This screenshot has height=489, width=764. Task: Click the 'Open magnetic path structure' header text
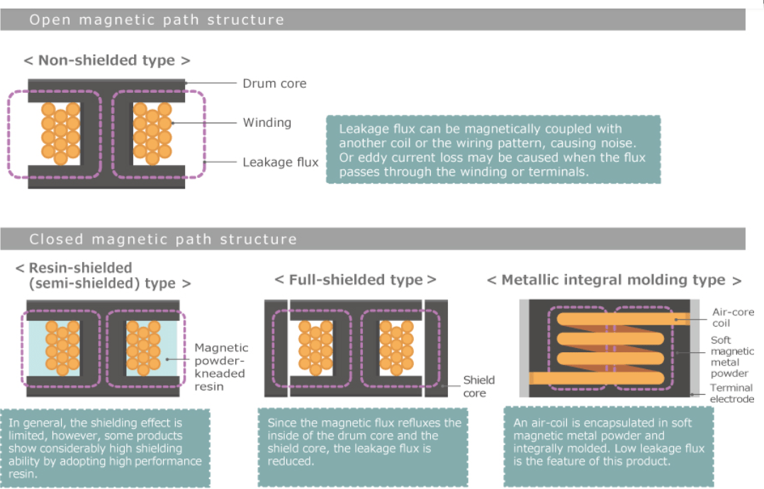(156, 20)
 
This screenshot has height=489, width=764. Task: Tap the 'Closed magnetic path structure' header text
(162, 239)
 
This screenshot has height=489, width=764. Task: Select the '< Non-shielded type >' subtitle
(106, 60)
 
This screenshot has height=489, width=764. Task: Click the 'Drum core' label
(274, 83)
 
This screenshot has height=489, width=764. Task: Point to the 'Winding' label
(266, 123)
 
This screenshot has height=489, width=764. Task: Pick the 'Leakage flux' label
(280, 162)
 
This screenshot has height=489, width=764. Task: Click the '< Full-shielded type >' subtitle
(355, 280)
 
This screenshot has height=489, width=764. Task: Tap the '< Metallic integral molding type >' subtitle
(614, 280)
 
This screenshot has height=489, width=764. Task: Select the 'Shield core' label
(479, 386)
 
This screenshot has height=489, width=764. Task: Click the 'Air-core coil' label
(733, 317)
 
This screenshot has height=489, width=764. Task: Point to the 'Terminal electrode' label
(731, 393)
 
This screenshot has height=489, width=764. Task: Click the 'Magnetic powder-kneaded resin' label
(221, 366)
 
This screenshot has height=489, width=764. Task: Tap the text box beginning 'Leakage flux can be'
(493, 150)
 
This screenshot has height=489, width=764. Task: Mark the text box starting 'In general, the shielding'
(105, 447)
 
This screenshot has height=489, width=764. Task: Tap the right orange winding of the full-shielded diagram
(395, 347)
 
